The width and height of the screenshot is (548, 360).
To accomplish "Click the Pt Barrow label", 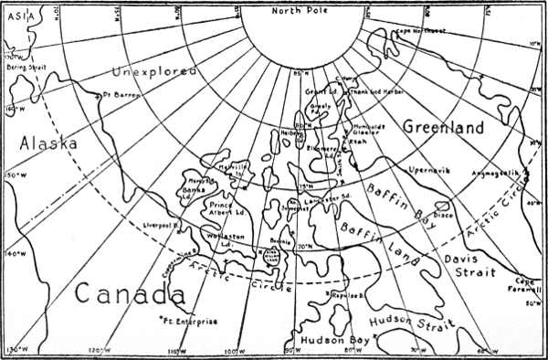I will [118, 93].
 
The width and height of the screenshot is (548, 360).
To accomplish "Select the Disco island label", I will [443, 216].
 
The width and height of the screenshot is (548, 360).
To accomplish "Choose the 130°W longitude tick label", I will [16, 350].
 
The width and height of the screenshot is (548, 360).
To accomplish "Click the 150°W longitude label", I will [13, 175].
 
